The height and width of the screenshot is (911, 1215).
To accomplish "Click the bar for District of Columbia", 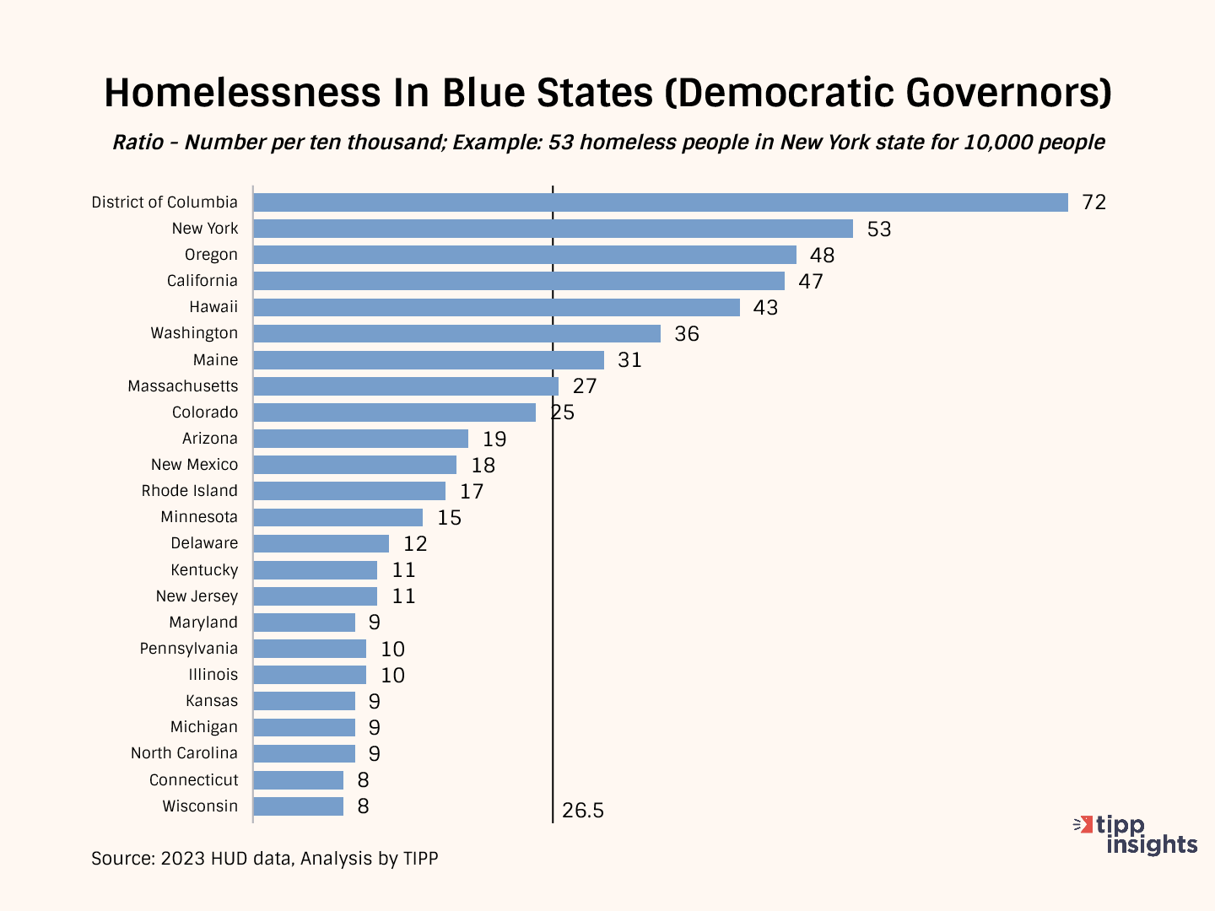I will (660, 202).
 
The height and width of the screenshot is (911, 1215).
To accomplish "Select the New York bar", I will (553, 229).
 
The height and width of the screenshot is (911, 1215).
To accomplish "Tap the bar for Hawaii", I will (496, 307).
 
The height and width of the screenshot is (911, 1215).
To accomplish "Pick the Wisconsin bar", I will (298, 806).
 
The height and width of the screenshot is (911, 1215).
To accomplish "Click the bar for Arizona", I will (360, 439).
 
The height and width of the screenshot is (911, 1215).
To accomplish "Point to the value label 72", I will (1093, 202).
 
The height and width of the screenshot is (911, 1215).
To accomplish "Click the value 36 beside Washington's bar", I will (687, 334).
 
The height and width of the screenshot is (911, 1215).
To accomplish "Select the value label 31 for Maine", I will (629, 360).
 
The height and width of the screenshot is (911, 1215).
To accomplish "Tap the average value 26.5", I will (583, 811).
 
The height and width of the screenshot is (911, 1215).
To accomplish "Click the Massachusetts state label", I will (183, 386).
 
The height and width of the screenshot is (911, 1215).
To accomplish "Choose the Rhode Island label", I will (190, 491).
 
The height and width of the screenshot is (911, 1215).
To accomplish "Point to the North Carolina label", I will (184, 753).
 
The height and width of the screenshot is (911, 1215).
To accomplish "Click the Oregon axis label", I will (211, 255).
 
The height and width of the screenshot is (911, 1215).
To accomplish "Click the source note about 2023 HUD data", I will (265, 859).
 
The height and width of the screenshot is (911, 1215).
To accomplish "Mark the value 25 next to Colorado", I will (563, 412).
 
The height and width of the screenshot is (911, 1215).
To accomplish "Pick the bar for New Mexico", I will (354, 465).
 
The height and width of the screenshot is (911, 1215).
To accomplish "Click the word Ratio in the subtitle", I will (138, 142).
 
